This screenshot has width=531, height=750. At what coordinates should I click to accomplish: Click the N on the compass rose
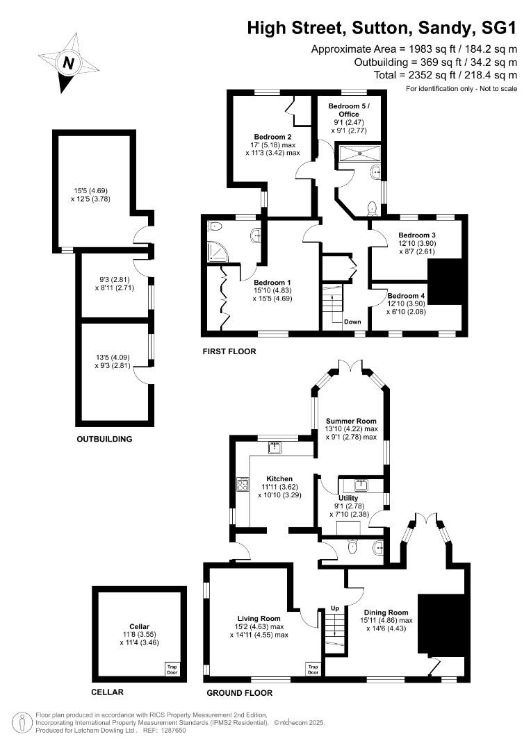coord(69,62)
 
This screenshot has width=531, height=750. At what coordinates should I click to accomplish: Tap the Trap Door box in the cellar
coord(172,669)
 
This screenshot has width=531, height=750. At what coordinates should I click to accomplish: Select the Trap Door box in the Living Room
coord(313,669)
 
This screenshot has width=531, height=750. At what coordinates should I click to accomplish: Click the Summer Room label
coord(352,421)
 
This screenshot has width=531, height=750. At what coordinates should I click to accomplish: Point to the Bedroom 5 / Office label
coord(349,110)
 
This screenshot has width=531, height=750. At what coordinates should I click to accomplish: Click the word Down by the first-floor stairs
coord(352,322)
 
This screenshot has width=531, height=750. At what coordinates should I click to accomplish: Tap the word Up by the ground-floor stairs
coord(335,608)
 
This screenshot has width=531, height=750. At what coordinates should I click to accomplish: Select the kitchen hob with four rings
coord(243,485)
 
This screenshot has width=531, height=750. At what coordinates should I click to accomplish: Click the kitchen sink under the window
coord(275,448)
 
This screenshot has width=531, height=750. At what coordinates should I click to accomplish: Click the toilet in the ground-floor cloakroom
coord(353,547)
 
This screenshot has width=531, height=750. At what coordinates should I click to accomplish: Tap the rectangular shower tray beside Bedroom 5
coord(359,153)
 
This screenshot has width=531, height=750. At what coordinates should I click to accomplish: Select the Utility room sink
coord(361,485)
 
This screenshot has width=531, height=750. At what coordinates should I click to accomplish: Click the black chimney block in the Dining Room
coord(441,625)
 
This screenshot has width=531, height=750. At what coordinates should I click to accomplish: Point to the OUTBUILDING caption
coord(104,439)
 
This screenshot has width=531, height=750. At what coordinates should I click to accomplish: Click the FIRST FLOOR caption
coord(229,351)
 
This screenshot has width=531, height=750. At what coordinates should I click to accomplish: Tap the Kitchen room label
coord(279,478)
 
